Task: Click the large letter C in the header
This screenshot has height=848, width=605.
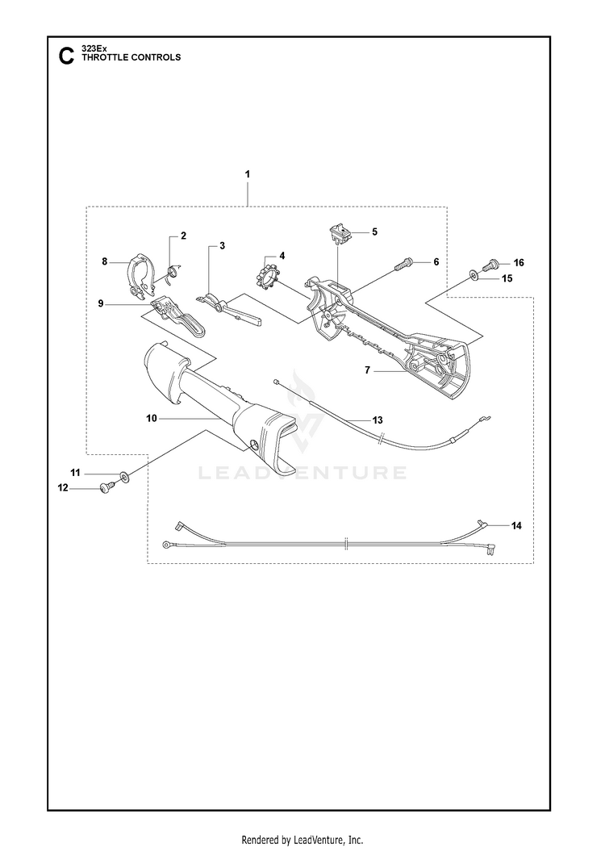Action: tap(66, 56)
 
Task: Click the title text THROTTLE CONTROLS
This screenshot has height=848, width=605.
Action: tap(131, 57)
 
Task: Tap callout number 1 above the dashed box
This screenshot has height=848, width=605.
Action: tap(248, 175)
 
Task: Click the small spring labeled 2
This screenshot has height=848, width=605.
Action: tap(173, 272)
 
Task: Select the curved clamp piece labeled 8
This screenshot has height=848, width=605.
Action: tap(140, 275)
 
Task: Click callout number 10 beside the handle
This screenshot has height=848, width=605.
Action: tap(152, 418)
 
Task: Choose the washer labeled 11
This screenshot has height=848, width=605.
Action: tap(125, 477)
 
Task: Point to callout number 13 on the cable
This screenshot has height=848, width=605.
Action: tap(377, 420)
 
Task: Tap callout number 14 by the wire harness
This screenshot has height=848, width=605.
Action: tap(516, 525)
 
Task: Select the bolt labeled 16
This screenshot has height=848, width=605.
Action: tap(490, 265)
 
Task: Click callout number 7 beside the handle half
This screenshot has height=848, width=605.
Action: tap(367, 370)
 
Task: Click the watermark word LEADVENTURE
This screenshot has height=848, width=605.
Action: tap(302, 473)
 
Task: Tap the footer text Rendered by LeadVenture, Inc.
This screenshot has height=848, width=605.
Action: tap(302, 840)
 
